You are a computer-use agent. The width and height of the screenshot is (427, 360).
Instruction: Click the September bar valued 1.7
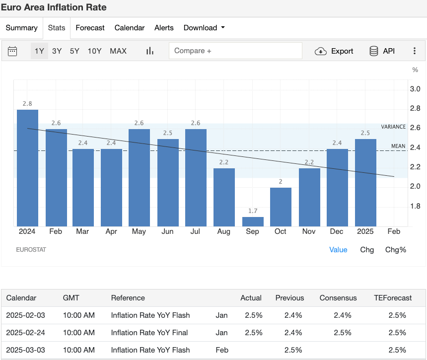pyautogui.click(x=253, y=221)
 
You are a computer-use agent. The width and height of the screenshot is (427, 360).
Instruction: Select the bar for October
pyautogui.click(x=281, y=207)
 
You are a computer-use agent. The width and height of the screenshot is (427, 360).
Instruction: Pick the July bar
pyautogui.click(x=196, y=177)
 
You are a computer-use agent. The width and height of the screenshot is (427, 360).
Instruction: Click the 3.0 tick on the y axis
pyautogui.click(x=415, y=89)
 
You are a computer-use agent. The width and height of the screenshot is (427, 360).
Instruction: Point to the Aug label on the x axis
pyautogui.click(x=224, y=231)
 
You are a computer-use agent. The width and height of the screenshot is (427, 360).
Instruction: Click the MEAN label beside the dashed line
pyautogui.click(x=398, y=146)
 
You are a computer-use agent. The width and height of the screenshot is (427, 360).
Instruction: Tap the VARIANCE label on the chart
pyautogui.click(x=393, y=127)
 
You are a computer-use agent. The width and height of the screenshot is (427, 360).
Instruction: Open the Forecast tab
pyautogui.click(x=90, y=28)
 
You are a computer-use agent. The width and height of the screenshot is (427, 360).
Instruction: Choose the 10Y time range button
pyautogui.click(x=94, y=51)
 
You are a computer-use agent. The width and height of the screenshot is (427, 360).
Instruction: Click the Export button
pyautogui.click(x=334, y=51)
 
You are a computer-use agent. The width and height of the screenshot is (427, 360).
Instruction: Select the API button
pyautogui.click(x=382, y=51)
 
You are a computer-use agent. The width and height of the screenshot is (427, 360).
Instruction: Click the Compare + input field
pyautogui.click(x=235, y=51)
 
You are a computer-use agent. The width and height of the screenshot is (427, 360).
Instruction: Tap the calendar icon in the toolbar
pyautogui.click(x=13, y=51)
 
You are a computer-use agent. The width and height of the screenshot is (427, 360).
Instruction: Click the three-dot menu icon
pyautogui.click(x=415, y=51)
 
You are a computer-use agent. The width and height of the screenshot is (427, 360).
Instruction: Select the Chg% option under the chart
pyautogui.click(x=396, y=250)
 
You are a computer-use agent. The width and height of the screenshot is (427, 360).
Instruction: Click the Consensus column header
pyautogui.click(x=338, y=298)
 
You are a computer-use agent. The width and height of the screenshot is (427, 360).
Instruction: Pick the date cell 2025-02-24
pyautogui.click(x=25, y=332)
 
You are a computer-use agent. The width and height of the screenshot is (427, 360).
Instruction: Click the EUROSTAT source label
pyautogui.click(x=31, y=250)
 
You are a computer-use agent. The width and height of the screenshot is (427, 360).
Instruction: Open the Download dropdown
pyautogui.click(x=204, y=28)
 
